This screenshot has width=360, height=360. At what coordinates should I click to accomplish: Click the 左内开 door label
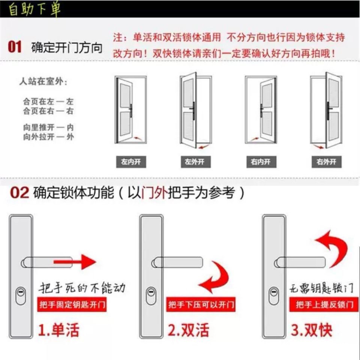[131, 162]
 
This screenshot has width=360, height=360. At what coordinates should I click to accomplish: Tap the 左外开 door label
[196, 162]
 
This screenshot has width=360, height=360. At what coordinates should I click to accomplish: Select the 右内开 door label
[261, 162]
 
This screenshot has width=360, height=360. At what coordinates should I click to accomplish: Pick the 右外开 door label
[327, 162]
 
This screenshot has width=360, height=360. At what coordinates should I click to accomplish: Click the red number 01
[15, 47]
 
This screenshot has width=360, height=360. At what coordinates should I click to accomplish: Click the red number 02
[19, 192]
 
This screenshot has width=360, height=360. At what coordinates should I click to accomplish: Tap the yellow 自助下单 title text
[34, 9]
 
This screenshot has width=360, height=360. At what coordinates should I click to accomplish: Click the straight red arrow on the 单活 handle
[75, 262]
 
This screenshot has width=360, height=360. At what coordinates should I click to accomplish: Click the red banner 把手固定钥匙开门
[72, 304]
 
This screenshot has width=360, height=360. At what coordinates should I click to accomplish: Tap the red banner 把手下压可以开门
[201, 304]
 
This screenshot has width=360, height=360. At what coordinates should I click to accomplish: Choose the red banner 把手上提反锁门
[324, 304]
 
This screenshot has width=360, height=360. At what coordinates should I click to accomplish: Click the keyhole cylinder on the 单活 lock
[21, 296]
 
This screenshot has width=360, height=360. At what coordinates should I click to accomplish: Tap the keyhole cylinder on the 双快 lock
[274, 296]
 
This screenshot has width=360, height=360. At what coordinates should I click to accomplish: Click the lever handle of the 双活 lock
[177, 262]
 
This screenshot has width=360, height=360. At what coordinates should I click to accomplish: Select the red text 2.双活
[189, 330]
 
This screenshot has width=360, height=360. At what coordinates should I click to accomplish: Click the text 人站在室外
[43, 81]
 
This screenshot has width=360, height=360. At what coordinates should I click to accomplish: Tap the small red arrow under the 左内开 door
[137, 138]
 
